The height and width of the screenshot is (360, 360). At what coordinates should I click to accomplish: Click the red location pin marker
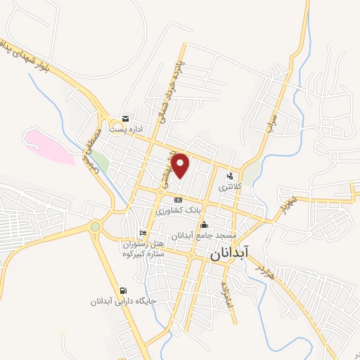[181, 165]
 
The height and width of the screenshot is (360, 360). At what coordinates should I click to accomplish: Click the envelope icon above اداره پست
[125, 118]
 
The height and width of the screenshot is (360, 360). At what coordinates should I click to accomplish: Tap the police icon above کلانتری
[230, 176]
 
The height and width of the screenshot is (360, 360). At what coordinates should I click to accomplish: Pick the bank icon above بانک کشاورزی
[178, 200]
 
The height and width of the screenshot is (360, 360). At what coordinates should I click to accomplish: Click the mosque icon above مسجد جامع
[205, 225]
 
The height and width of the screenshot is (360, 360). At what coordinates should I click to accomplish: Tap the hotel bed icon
[143, 233]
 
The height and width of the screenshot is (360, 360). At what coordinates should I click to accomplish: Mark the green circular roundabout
[95, 226]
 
